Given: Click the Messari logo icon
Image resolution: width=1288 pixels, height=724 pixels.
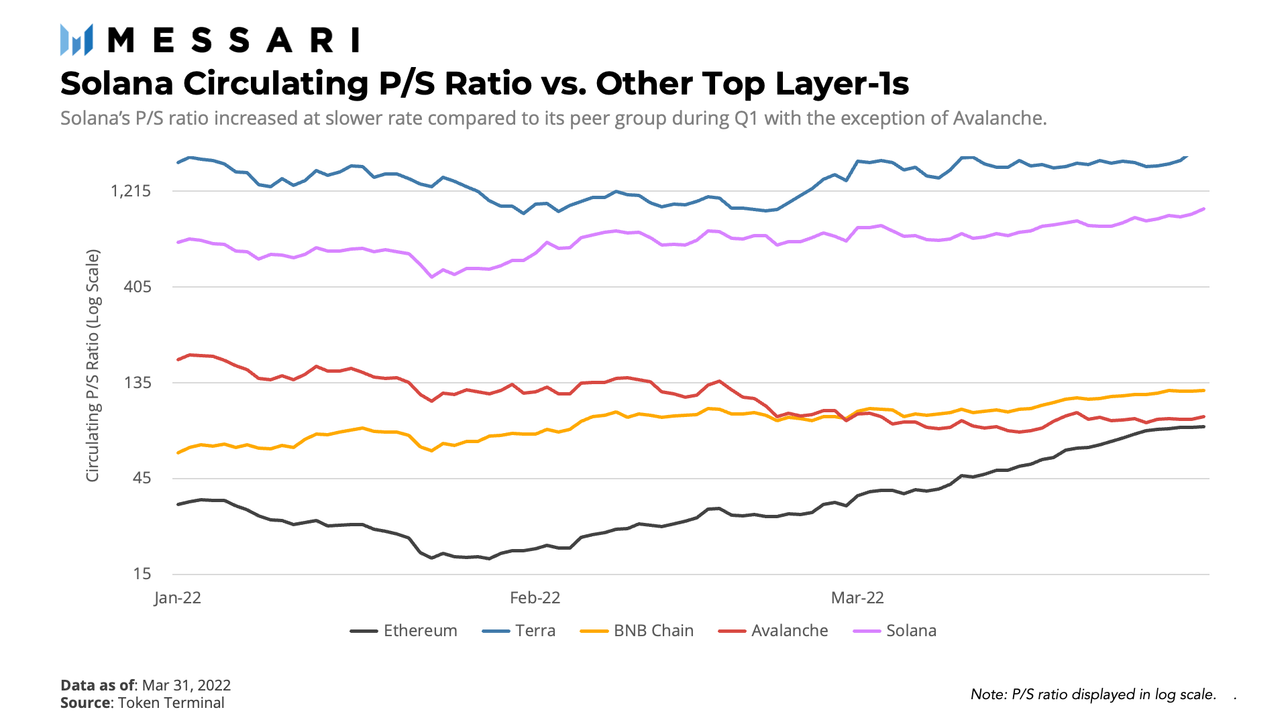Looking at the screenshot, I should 76,40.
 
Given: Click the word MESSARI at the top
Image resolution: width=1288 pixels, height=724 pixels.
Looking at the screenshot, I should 233,40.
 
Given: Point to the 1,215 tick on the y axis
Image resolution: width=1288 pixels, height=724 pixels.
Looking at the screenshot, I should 131,191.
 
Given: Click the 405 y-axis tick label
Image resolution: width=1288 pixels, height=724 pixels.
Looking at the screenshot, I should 138,287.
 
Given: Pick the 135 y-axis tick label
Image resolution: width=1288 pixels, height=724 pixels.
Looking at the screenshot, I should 138,383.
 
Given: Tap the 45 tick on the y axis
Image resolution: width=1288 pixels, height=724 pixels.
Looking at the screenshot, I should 142,478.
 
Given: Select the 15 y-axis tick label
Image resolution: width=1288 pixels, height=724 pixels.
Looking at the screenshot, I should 142,574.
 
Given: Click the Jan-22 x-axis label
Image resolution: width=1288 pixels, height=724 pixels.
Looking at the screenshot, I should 178,598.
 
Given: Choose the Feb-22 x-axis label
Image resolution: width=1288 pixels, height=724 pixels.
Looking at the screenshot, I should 535,598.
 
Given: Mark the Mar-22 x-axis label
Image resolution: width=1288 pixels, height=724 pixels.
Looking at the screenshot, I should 857,598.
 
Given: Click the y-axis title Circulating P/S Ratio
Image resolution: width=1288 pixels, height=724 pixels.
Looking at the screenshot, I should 93,365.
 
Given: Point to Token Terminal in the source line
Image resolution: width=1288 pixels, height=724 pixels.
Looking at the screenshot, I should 171,703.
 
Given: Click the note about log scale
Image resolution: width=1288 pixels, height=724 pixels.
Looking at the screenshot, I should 1093,695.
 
